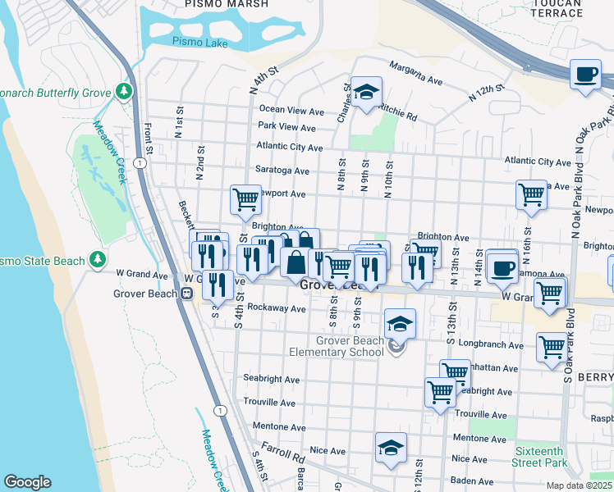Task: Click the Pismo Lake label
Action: (195, 41)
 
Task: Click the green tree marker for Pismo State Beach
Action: (99, 260)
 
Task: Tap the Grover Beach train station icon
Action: (187, 293)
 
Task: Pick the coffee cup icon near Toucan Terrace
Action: (586, 75)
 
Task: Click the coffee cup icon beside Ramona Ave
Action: (502, 267)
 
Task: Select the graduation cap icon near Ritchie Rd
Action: (366, 93)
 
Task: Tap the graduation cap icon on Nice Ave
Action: (391, 449)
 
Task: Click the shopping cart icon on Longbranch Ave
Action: (552, 347)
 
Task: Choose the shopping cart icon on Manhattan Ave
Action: (454, 374)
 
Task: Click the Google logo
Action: (27, 482)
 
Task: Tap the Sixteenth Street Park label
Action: (539, 458)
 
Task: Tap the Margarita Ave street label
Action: (416, 67)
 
